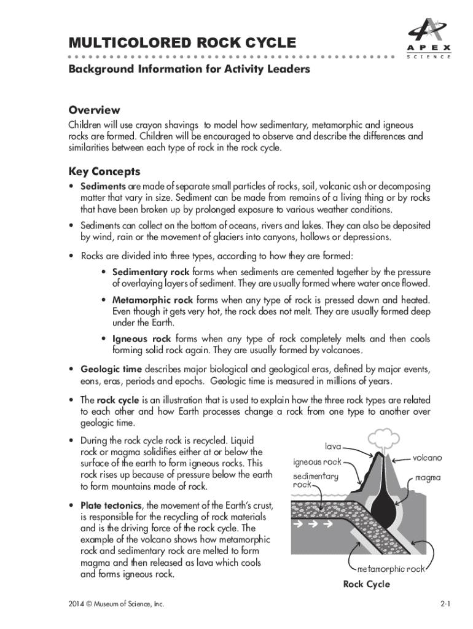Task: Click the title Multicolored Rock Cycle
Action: click(x=182, y=43)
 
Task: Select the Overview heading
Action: click(x=94, y=110)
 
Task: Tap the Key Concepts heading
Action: click(x=104, y=171)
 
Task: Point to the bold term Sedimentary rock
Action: click(x=151, y=272)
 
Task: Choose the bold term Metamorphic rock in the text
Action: click(x=152, y=300)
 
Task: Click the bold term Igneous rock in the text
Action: click(x=141, y=339)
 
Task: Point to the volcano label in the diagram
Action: click(x=426, y=458)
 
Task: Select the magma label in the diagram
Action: click(x=428, y=477)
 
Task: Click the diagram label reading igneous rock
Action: click(x=316, y=462)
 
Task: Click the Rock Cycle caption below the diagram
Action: click(x=366, y=584)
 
